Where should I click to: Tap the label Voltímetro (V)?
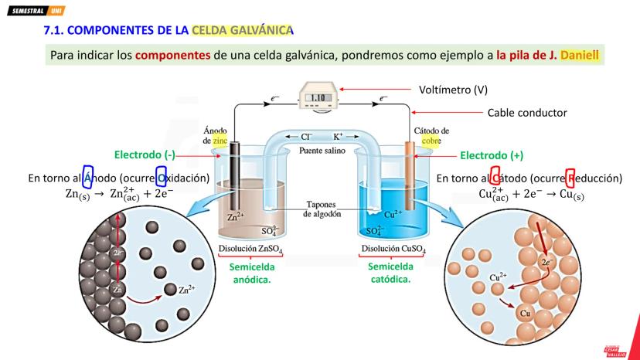[452, 90]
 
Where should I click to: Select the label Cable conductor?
[527, 113]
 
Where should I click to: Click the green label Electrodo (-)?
[145, 155]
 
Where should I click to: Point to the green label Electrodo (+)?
[492, 155]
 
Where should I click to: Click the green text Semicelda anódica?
[252, 272]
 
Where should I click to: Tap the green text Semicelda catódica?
[391, 272]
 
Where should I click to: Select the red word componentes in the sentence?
[172, 56]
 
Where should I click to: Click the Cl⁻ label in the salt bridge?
[295, 136]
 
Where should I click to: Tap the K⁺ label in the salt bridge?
[339, 136]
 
